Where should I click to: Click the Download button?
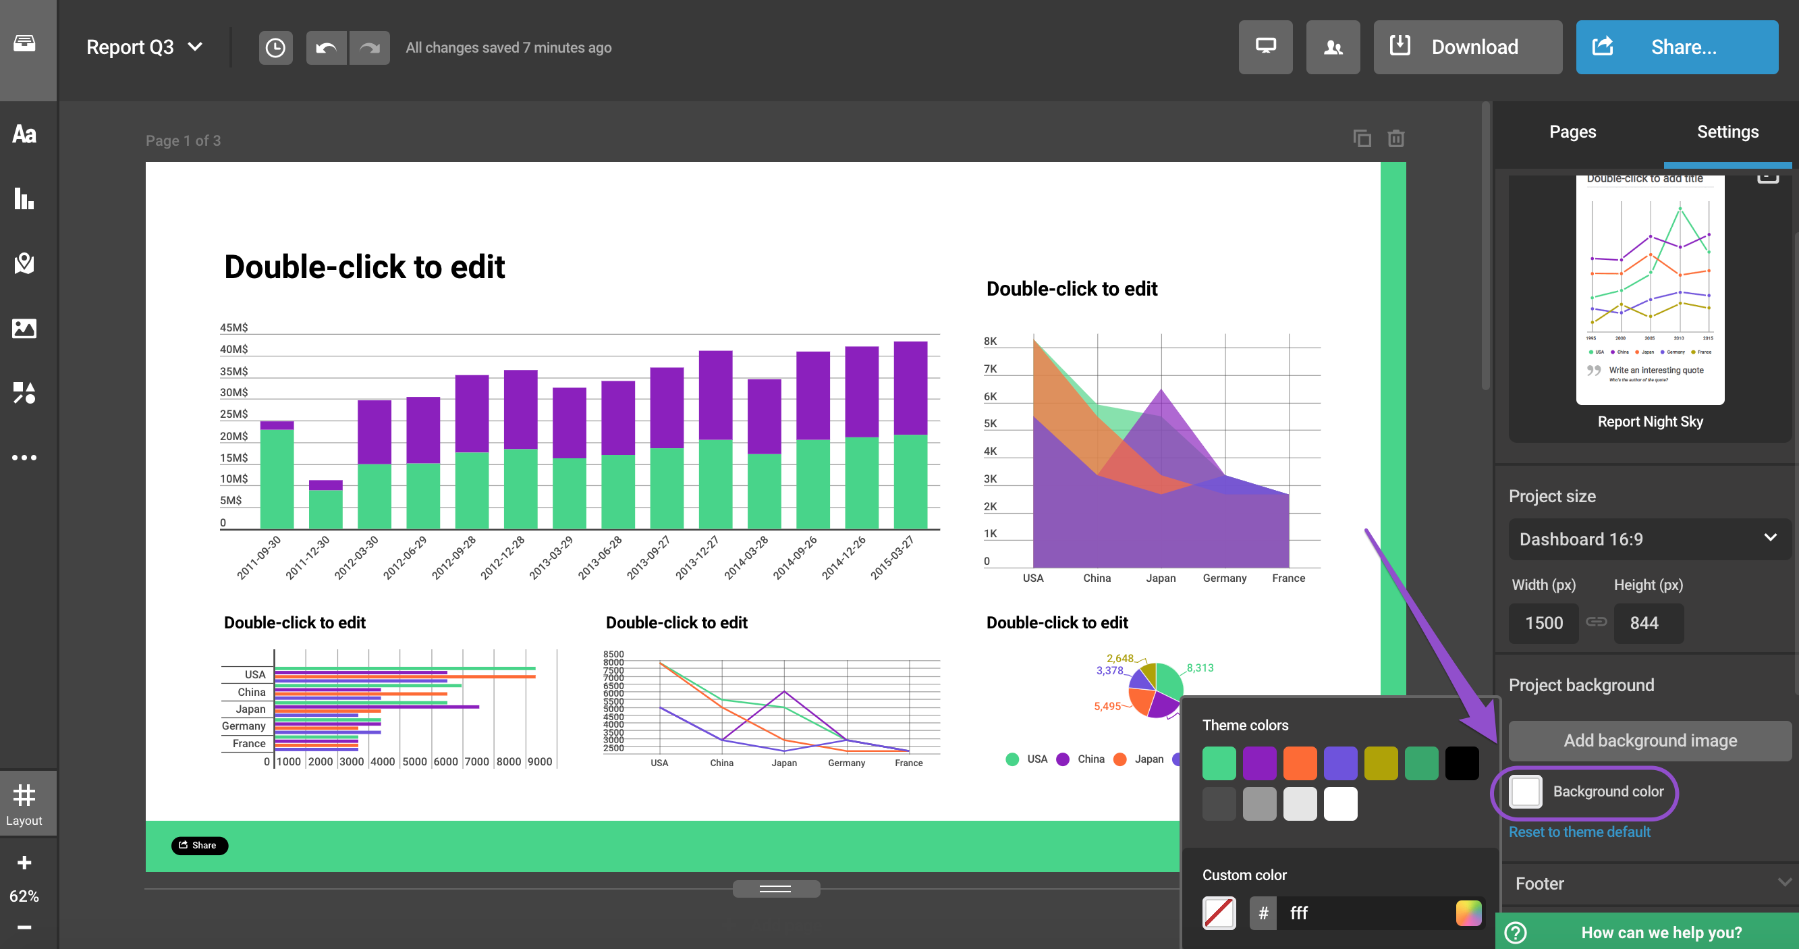1466,47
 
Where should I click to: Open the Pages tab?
1572,132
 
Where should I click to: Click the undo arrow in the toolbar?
325,47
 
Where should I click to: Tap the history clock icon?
275,47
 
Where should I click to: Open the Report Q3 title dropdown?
144,47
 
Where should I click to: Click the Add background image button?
1650,740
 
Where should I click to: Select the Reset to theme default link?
1579,832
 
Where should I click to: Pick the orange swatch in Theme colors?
1299,763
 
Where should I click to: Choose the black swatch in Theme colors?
1461,763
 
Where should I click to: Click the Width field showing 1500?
1543,623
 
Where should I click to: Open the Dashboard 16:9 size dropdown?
1650,539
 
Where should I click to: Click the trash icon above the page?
1395,138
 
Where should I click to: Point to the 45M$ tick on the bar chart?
234,327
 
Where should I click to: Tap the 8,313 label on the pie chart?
1200,668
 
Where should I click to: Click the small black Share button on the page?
199,845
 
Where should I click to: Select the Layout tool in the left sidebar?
24,803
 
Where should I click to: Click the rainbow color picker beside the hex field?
1468,913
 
